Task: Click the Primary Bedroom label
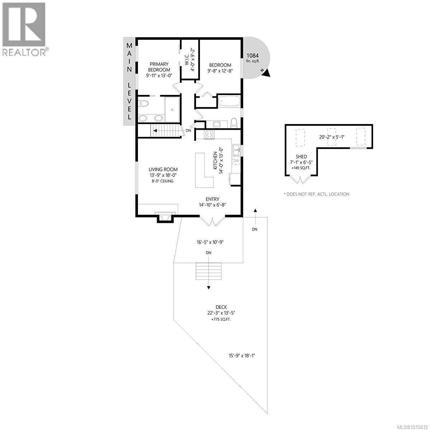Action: coord(159,67)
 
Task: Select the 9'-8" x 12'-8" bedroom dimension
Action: coord(220,71)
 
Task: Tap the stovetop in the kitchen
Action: coord(209,135)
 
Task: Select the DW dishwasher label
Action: coord(236,161)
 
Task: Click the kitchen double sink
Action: coord(236,150)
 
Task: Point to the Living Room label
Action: coord(163,169)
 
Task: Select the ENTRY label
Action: coord(212,199)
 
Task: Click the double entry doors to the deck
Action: coord(212,221)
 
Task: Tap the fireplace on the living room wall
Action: coord(165,218)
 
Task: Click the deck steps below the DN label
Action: coord(209,271)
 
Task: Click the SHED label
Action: coord(301,157)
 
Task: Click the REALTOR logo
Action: coord(24,29)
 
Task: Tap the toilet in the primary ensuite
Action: coord(144,104)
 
